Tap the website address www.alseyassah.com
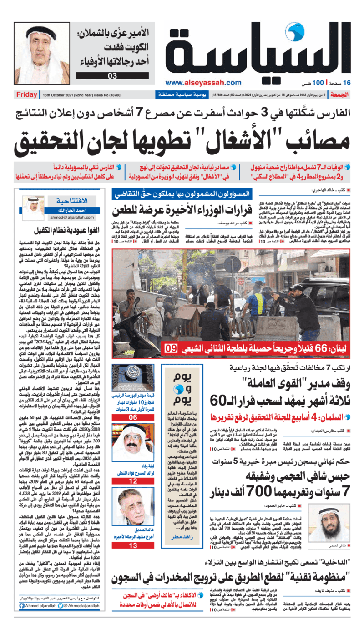203,83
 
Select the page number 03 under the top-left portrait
112,76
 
